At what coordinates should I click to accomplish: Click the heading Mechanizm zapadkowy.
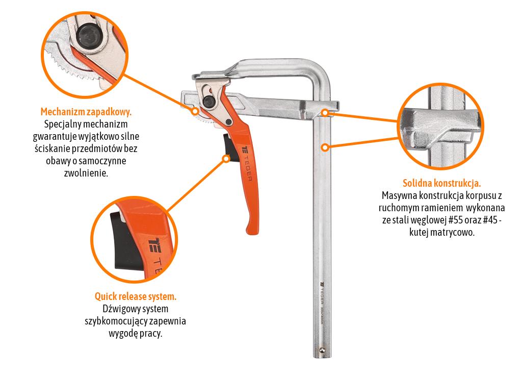86,112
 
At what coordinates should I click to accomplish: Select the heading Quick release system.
136,296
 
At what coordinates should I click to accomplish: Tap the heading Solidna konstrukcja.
442,183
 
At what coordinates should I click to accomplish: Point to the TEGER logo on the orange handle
247,163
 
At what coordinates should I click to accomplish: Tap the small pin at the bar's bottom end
322,349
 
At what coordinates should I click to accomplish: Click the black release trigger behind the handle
230,147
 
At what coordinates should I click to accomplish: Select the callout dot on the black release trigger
226,158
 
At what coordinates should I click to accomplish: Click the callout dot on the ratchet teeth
195,111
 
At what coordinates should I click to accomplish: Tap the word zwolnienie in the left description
86,173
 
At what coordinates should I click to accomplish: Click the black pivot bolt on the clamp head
209,102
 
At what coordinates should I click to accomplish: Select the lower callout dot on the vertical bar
325,147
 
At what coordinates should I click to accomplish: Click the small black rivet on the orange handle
228,122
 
